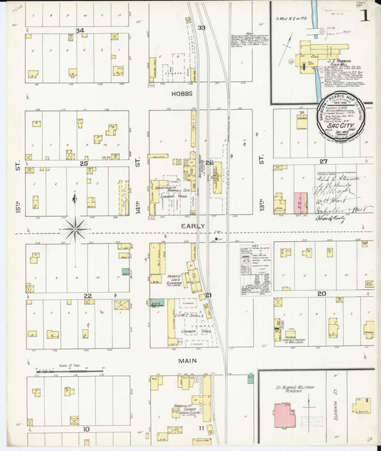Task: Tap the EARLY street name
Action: pos(193,226)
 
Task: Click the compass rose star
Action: pos(75,230)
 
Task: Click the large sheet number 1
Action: pos(365,16)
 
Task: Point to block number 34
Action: pos(79,31)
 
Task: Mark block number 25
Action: pos(84,163)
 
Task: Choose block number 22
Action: pos(87,295)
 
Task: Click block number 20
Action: pos(322,293)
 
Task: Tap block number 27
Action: pos(323,161)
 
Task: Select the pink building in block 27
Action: pos(300,202)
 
